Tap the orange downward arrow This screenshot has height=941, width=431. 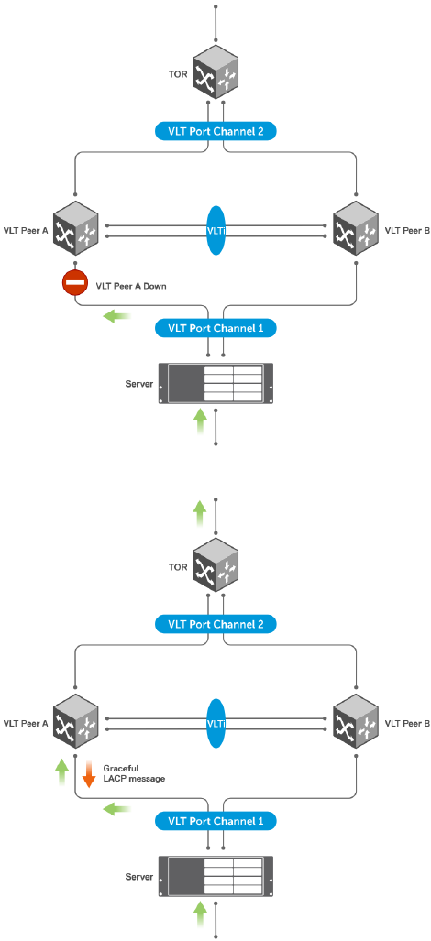point(88,773)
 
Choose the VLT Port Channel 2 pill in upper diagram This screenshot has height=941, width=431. point(216,131)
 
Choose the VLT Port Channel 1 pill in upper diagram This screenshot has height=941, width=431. point(216,328)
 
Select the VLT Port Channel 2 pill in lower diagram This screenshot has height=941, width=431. point(216,624)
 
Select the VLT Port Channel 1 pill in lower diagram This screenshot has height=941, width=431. point(216,820)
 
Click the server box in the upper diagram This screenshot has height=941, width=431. point(216,384)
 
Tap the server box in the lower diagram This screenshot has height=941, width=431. point(216,876)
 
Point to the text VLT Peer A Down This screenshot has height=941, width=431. point(131,286)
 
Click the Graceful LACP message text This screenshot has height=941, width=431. point(133,773)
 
